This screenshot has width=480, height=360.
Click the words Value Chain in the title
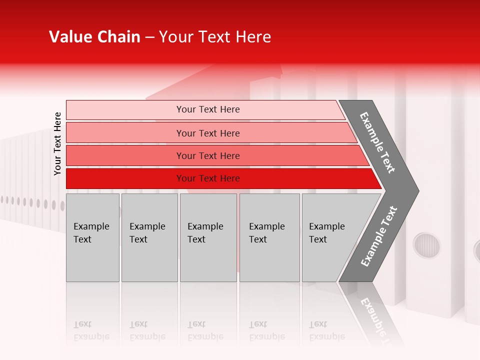coord(94,37)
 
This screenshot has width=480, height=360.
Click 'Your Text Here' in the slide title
coord(215,37)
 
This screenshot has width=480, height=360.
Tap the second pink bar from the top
coord(207,133)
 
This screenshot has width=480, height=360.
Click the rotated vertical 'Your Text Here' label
coord(57,143)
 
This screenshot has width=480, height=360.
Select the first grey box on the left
coord(92,237)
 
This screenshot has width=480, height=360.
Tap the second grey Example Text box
coord(149,237)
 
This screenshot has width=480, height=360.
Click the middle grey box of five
coord(208,237)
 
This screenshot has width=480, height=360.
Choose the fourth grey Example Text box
coord(269,237)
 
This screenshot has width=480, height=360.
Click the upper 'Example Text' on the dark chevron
coord(377,142)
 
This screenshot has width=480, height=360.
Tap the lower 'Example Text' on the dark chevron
coord(379,236)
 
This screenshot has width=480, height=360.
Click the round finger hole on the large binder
coord(427,245)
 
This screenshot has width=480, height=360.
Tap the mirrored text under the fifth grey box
coord(327,330)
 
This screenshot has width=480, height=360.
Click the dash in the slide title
coord(149,37)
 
